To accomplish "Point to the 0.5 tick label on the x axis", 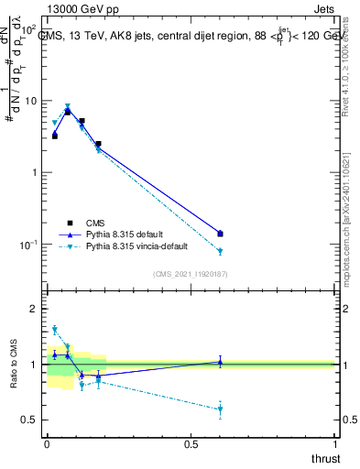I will point(191,443).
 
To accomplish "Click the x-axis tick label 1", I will point(335,443).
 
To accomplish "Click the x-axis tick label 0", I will point(47,443).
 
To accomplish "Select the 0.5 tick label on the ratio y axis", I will point(30,420).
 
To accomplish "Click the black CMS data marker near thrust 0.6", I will point(220,234).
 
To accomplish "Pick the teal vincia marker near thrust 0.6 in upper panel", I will point(220,251).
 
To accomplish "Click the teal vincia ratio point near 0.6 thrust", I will point(220,409).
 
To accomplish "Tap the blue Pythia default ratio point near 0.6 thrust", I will point(220,362).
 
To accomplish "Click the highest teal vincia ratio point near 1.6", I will point(54,330).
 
